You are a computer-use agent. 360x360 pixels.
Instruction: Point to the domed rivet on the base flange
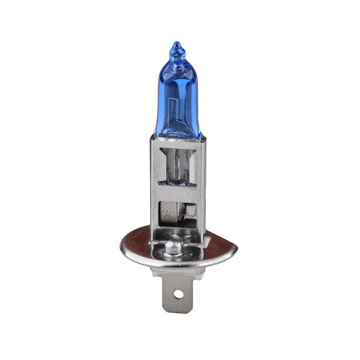pyautogui.click(x=175, y=246)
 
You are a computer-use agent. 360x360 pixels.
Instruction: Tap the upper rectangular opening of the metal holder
pyautogui.click(x=178, y=165)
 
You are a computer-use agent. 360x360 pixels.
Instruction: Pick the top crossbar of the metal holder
pyautogui.click(x=178, y=142)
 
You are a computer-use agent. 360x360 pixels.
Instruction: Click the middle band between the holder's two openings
pyautogui.click(x=178, y=193)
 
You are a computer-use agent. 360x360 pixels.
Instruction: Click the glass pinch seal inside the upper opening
pyautogui.click(x=178, y=162)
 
